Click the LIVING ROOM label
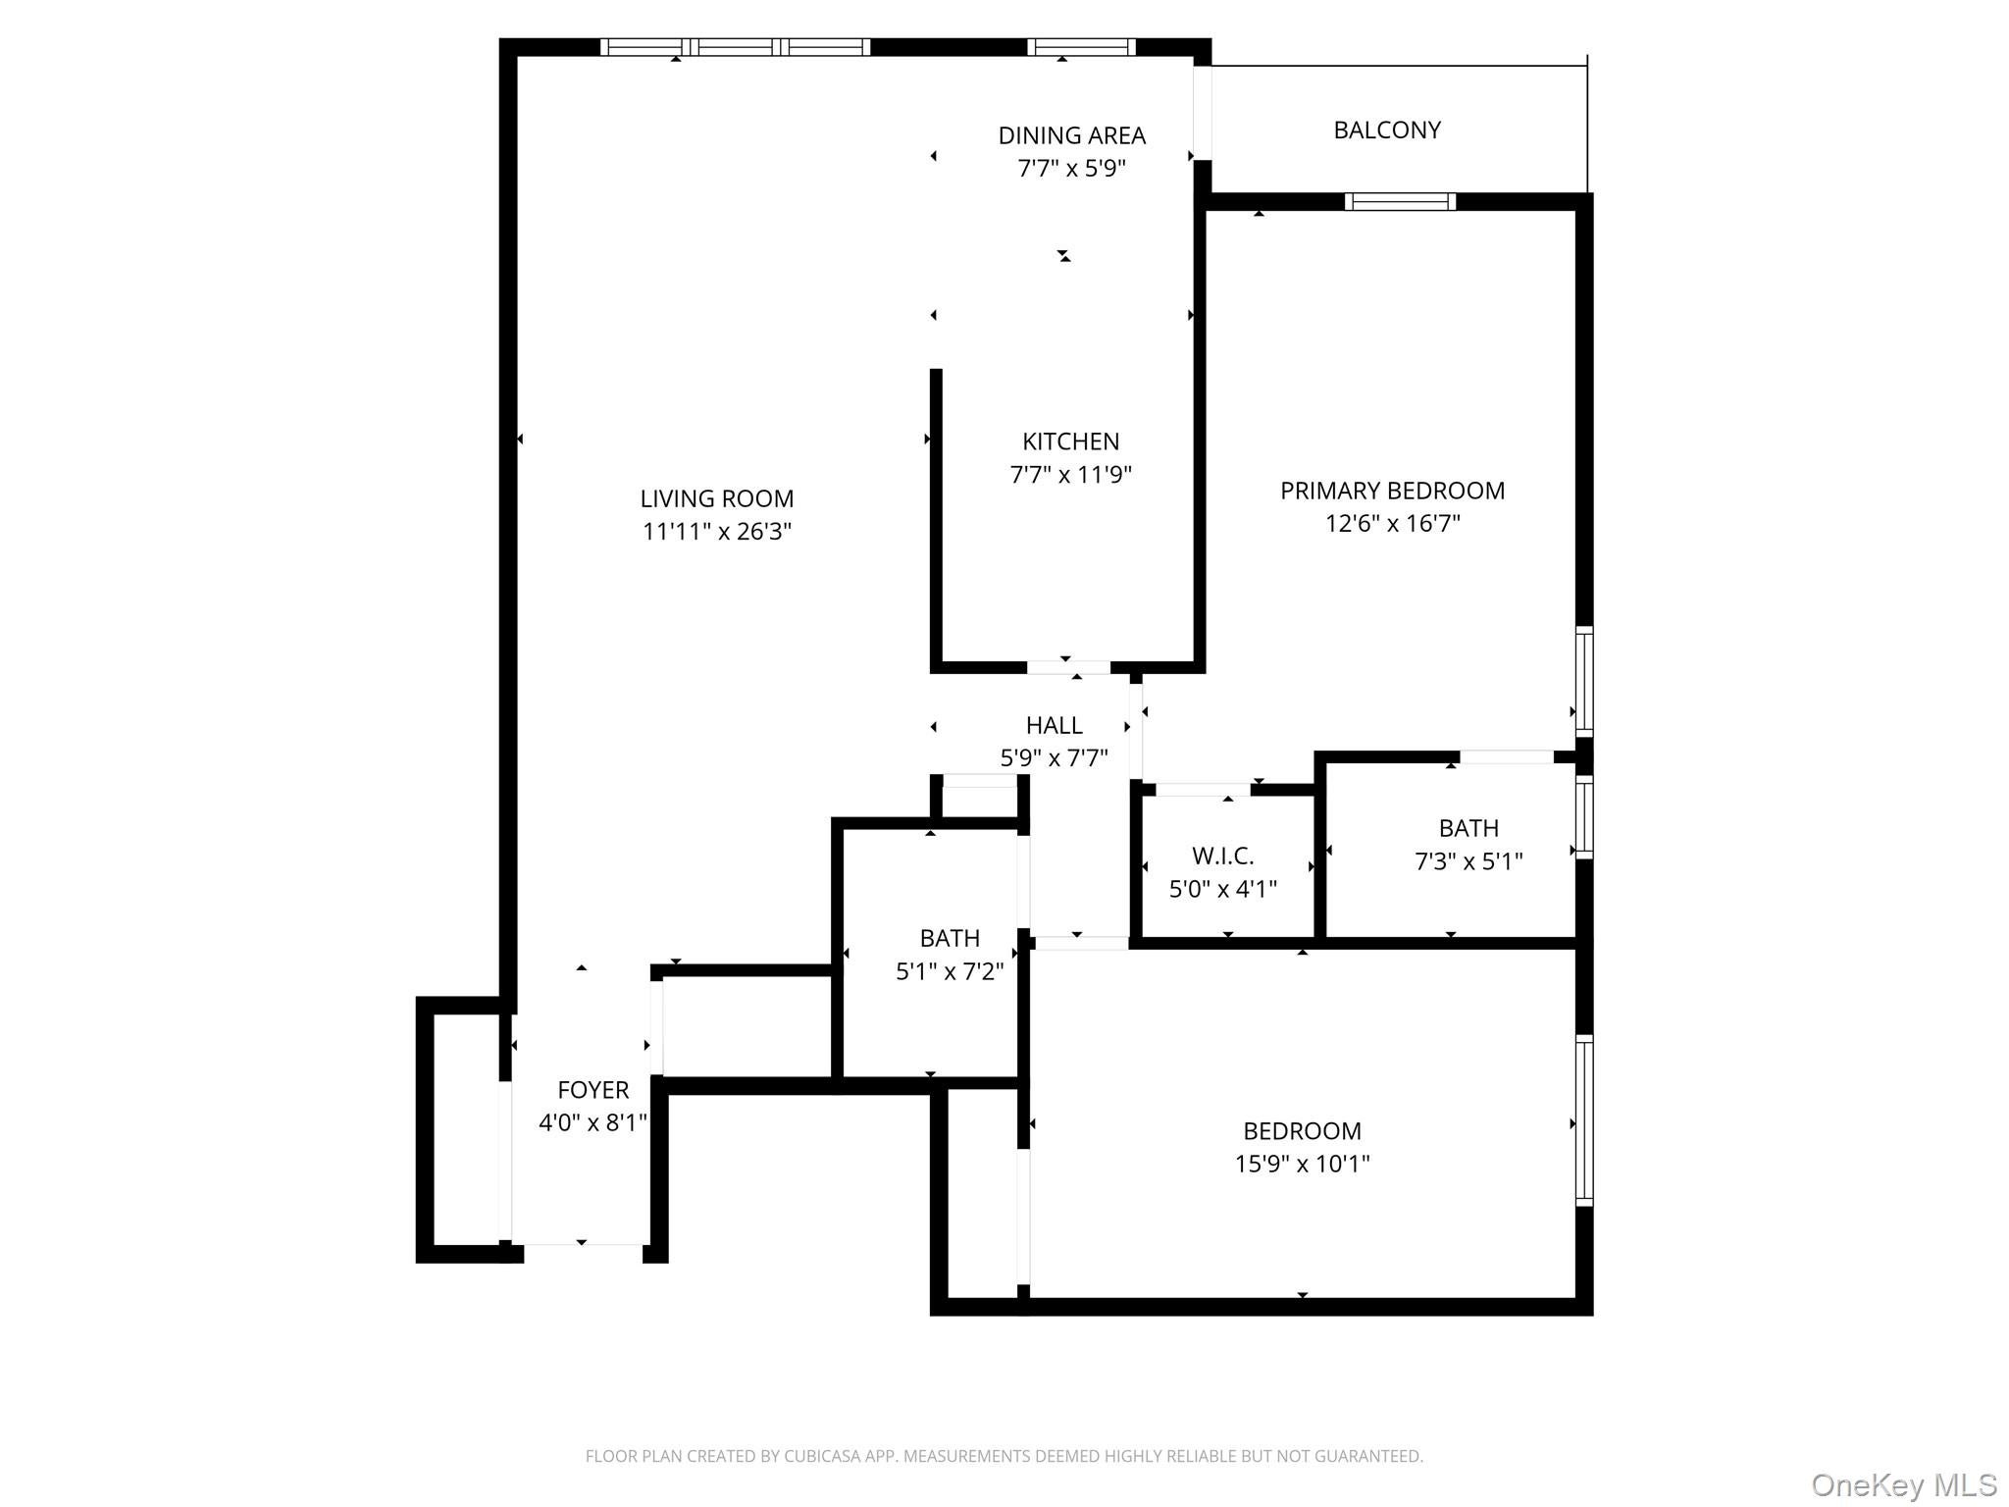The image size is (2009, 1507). [x=716, y=498]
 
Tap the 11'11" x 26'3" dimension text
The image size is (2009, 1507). [x=716, y=532]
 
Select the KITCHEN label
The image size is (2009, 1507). [x=1070, y=442]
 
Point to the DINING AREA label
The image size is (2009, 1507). [x=1071, y=135]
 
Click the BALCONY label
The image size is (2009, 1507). [x=1386, y=130]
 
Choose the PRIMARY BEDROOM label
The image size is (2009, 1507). [x=1392, y=491]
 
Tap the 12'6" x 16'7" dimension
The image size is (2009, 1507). [x=1392, y=524]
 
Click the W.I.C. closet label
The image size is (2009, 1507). [x=1222, y=856]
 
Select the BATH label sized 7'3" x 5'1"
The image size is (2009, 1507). [x=1468, y=828]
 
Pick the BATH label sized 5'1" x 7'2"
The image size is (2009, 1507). [x=950, y=938]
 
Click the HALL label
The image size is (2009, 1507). [x=1054, y=725]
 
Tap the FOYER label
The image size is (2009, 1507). [x=592, y=1090]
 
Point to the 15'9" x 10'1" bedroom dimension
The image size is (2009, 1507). [x=1302, y=1165]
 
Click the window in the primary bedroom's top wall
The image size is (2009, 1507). [x=1400, y=202]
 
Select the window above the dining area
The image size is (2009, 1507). [x=1081, y=47]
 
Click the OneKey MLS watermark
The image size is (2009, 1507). [x=1903, y=1484]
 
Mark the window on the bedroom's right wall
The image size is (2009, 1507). [x=1583, y=1119]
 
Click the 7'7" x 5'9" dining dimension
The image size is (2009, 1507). [x=1071, y=169]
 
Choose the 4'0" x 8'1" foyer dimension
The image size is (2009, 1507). [x=592, y=1123]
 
